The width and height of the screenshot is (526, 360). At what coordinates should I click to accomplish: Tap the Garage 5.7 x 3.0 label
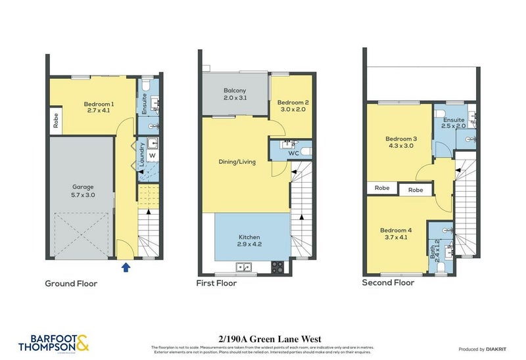tap(83, 191)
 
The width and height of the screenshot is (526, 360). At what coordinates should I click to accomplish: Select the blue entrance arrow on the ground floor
tap(126, 266)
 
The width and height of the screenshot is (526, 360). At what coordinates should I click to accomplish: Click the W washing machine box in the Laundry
tap(151, 156)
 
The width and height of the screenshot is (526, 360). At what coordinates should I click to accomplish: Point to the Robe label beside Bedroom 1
tap(56, 120)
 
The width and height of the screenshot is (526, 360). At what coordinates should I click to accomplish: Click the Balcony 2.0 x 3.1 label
tap(235, 94)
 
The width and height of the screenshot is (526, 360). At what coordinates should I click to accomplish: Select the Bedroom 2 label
tap(293, 106)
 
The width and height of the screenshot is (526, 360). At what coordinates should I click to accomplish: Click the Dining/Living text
tap(237, 162)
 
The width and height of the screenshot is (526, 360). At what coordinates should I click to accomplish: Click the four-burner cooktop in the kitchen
tap(277, 267)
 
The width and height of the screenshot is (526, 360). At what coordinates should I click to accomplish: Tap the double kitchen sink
tap(243, 267)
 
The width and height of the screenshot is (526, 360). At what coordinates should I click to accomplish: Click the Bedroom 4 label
tap(396, 234)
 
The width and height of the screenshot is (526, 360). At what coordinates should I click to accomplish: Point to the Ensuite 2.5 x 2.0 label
tap(454, 124)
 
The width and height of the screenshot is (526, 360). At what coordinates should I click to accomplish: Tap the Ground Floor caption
tap(71, 284)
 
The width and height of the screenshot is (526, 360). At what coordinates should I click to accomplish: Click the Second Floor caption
tap(388, 283)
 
